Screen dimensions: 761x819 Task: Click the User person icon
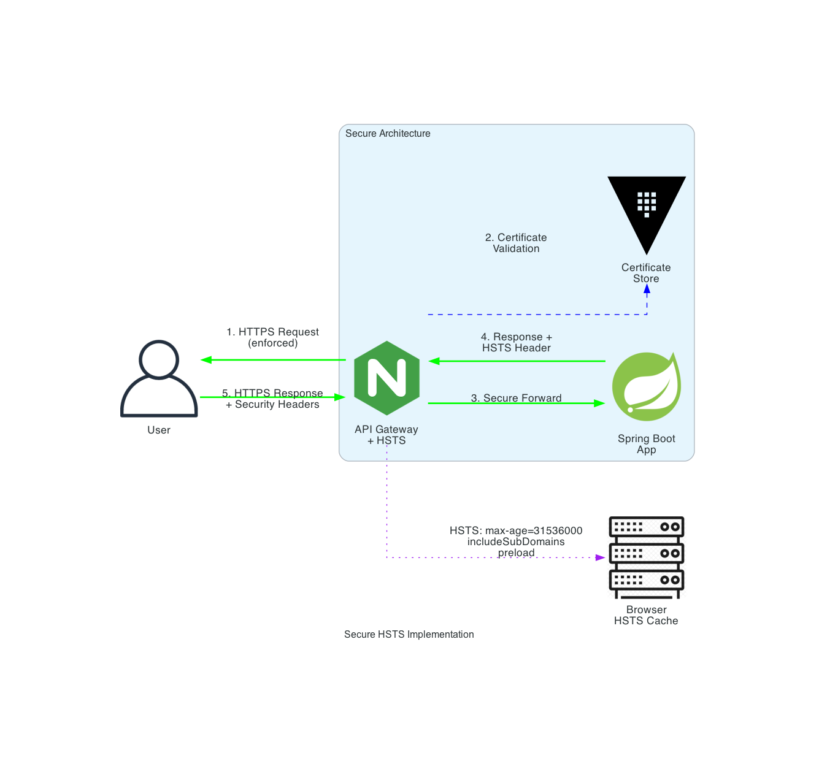click(159, 379)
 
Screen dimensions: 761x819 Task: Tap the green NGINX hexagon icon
click(387, 378)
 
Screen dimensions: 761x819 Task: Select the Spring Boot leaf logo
click(647, 386)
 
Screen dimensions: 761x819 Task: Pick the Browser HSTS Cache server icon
click(647, 557)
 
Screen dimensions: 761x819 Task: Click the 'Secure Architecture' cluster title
click(388, 134)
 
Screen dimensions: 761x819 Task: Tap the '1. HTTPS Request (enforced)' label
click(273, 337)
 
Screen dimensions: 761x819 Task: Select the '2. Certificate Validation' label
click(516, 243)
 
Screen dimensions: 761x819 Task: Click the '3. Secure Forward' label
click(517, 398)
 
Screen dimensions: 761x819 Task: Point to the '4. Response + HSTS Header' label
click(517, 342)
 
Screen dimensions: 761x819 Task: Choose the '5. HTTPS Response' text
click(273, 393)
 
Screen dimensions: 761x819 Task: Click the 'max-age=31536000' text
click(534, 530)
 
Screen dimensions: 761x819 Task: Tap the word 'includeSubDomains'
click(516, 541)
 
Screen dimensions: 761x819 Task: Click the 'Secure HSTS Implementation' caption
click(409, 634)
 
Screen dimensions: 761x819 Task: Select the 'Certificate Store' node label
click(646, 273)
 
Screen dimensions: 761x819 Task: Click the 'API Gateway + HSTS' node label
click(386, 435)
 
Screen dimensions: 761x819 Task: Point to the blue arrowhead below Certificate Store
click(647, 290)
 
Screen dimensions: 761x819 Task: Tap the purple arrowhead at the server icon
click(600, 557)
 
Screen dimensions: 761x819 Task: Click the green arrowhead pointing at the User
click(207, 360)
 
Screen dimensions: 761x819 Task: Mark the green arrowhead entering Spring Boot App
click(599, 403)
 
